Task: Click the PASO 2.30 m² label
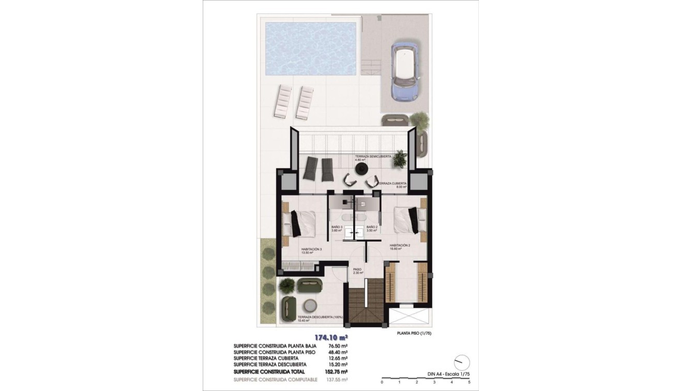click(x=358, y=270)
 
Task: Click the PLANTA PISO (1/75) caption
click(x=414, y=334)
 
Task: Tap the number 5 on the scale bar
click(x=469, y=382)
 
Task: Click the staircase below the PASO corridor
click(x=366, y=300)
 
